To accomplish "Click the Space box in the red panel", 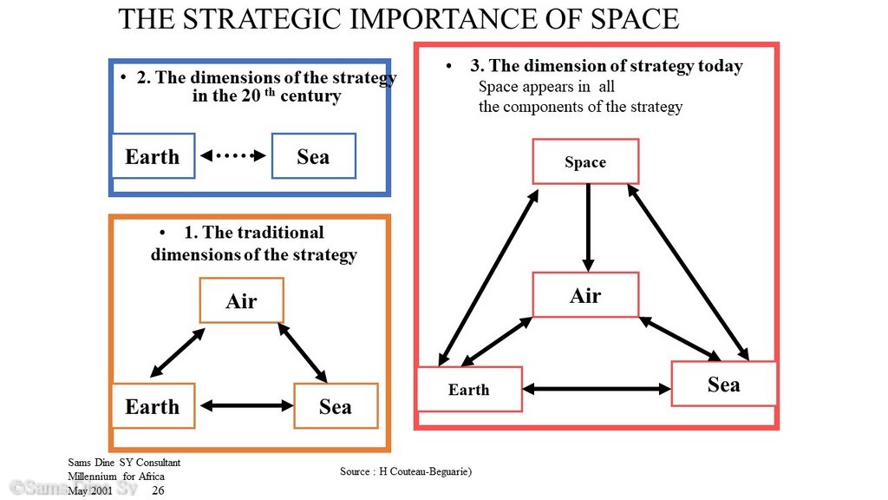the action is tap(585, 161).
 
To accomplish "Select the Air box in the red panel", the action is tap(585, 295).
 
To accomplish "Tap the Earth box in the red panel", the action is tap(469, 389).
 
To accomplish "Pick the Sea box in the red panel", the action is tap(724, 384).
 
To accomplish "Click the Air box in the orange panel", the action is tap(242, 300).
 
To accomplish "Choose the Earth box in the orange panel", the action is tap(153, 406).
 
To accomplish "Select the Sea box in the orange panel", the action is tap(336, 406).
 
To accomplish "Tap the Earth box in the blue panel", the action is tap(153, 156).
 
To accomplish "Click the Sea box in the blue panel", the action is tap(314, 156).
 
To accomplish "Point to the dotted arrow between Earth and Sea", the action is tap(233, 155).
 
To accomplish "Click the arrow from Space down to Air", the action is tap(589, 227).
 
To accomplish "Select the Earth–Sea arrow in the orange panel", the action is tap(247, 405).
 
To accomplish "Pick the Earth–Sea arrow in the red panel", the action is tap(597, 389).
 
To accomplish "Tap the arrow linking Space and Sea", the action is tap(688, 272).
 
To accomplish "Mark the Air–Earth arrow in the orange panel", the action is tap(177, 352).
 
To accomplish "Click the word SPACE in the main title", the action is tap(635, 19).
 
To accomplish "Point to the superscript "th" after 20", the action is tap(271, 91).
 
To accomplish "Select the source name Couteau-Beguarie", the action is tap(425, 471).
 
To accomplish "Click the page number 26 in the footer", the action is tap(158, 490).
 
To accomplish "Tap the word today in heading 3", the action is tap(721, 66).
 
